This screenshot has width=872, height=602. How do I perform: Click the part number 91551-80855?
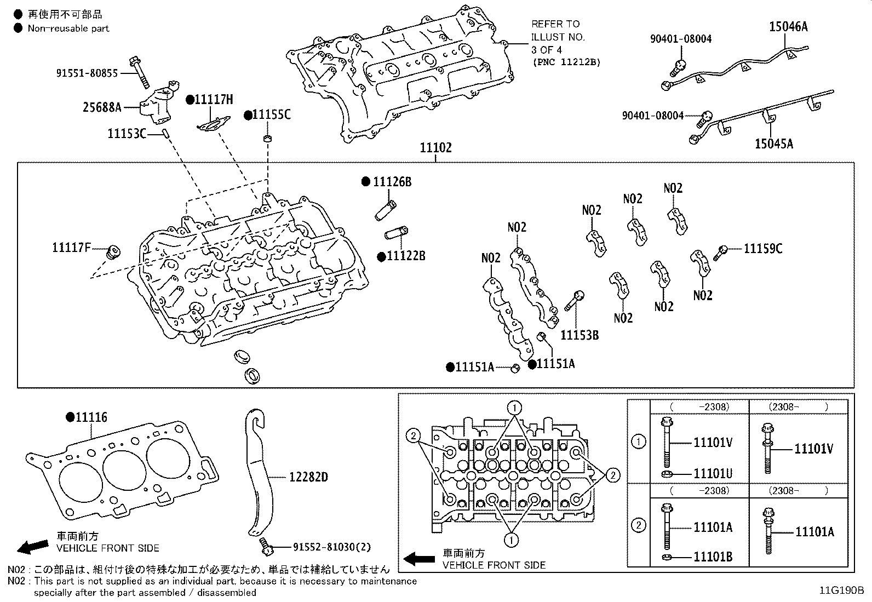pos(87,73)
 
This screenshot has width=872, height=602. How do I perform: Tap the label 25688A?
pos(102,107)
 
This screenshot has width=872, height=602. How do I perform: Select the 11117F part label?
pos(71,248)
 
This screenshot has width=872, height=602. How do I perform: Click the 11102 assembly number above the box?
pos(435,148)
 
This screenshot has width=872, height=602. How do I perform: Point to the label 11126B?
pos(392,182)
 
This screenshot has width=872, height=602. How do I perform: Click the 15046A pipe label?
pos(788,26)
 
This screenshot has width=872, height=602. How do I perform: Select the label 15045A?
pos(773,144)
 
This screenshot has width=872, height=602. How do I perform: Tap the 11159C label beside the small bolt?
pos(762,249)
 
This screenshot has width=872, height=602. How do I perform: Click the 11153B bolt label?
pos(580,335)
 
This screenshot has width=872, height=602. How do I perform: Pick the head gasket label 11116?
pos(91,417)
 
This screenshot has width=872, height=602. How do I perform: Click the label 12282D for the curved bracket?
pos(308,477)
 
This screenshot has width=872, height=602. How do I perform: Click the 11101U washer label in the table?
pos(713,474)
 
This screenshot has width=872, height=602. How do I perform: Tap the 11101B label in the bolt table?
pos(713,558)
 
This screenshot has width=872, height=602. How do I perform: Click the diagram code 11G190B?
pos(841,590)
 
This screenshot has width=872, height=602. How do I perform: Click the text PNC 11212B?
pos(566,62)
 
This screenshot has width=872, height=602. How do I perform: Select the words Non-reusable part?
pos(68,28)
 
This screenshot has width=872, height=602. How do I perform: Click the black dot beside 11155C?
pos(248,115)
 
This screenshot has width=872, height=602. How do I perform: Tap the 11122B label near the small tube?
pos(406,256)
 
